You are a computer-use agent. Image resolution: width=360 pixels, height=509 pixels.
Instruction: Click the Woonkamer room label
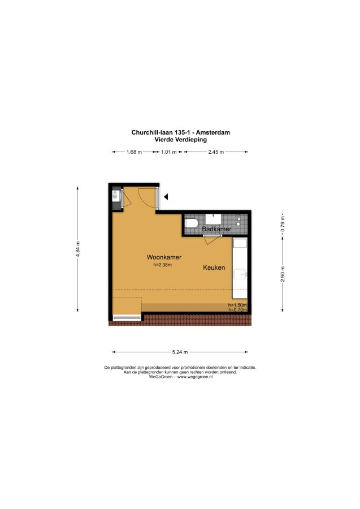pyautogui.click(x=164, y=257)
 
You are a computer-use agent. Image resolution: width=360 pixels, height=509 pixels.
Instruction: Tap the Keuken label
pyautogui.click(x=214, y=268)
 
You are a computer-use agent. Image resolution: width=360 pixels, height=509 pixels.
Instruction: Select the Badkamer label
pyautogui.click(x=216, y=229)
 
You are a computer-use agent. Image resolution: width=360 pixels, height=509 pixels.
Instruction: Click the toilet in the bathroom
pyautogui.click(x=192, y=223)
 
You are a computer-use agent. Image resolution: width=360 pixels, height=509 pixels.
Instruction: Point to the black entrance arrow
pyautogui.click(x=166, y=197)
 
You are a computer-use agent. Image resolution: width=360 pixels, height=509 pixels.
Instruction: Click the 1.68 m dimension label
pyautogui.click(x=135, y=152)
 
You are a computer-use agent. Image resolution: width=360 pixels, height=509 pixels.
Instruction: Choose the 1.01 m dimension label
pyautogui.click(x=169, y=152)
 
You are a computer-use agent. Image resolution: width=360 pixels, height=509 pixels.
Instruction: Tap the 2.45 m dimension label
pyautogui.click(x=216, y=152)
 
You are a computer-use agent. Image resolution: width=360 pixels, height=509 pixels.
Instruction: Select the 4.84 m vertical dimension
pyautogui.click(x=78, y=249)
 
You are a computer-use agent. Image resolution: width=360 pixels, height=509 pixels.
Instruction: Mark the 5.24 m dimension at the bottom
pyautogui.click(x=180, y=352)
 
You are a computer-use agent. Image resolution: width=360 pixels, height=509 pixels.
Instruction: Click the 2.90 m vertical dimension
pyautogui.click(x=283, y=274)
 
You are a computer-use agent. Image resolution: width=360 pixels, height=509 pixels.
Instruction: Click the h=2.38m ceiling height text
pyautogui.click(x=163, y=265)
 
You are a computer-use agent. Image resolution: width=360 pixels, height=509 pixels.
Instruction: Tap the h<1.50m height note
pyautogui.click(x=237, y=305)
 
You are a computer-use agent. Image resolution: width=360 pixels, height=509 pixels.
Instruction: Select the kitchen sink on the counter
pyautogui.click(x=240, y=274)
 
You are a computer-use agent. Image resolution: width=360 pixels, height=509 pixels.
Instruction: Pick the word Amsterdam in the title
pyautogui.click(x=213, y=132)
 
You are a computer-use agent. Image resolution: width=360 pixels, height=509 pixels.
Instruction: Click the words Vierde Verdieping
pyautogui.click(x=181, y=140)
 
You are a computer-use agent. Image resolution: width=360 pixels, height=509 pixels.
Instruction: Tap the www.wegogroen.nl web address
pyautogui.click(x=195, y=377)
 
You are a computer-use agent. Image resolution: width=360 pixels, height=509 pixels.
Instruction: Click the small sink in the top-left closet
pyautogui.click(x=115, y=195)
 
